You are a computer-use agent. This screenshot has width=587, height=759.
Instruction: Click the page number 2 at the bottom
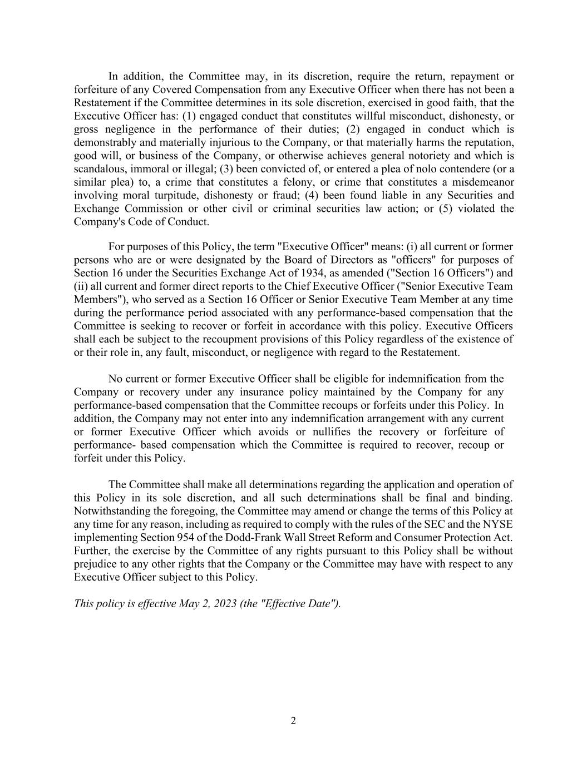pyautogui.click(x=293, y=721)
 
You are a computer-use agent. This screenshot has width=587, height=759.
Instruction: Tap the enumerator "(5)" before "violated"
pyautogui.click(x=463, y=209)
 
